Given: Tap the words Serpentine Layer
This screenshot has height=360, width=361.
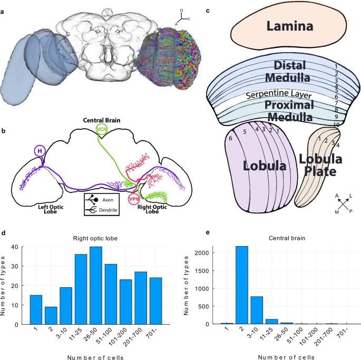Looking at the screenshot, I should click(x=272, y=95).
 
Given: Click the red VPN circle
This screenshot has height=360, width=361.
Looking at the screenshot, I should click(x=135, y=201).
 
